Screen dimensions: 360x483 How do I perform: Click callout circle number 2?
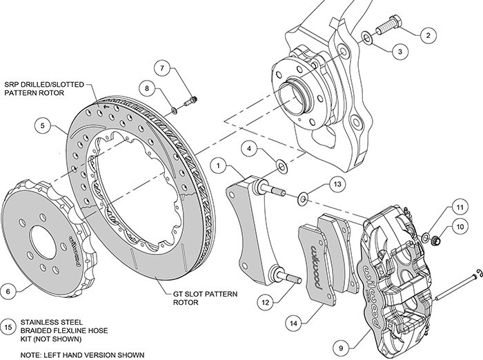pos(428,34)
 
